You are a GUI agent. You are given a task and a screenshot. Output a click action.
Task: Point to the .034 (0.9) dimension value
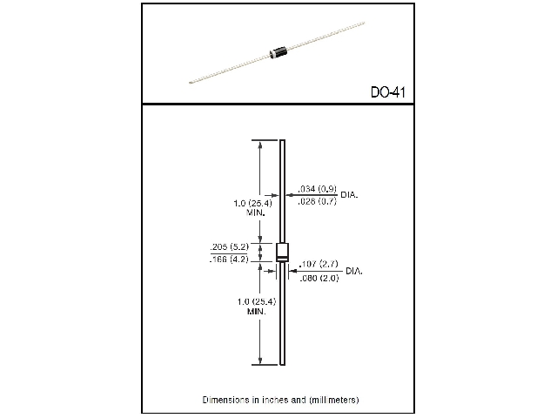[318, 189]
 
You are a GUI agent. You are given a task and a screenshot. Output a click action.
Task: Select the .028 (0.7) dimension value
[318, 201]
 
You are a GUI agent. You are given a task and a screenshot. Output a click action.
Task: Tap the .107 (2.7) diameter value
[319, 263]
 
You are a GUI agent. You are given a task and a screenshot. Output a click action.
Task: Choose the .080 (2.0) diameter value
[319, 277]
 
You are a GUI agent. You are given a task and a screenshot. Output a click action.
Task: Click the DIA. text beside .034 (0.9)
[349, 195]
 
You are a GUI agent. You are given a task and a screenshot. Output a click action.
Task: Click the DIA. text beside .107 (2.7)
[354, 271]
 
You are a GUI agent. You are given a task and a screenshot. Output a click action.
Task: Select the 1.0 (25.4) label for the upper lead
[254, 203]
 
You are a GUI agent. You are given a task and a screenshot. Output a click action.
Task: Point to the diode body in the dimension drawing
[282, 253]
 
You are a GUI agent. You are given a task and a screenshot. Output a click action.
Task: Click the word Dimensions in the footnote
[225, 400]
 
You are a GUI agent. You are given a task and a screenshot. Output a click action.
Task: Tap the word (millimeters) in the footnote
[331, 400]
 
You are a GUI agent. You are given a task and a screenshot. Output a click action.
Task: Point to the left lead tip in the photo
[188, 84]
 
